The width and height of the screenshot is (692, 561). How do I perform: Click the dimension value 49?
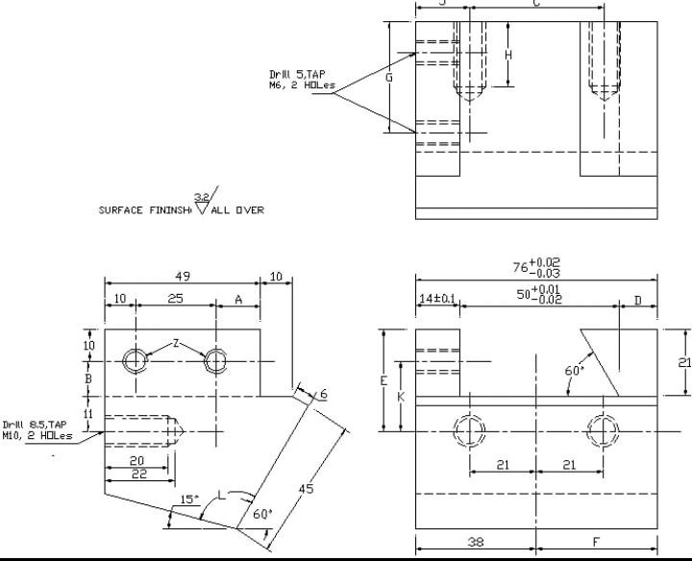(x=182, y=276)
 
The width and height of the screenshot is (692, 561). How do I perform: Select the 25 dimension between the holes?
(x=176, y=300)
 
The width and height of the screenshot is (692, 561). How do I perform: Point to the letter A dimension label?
(x=238, y=300)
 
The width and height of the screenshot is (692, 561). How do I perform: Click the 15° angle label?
(x=189, y=500)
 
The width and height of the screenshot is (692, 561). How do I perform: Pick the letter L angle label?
(x=223, y=493)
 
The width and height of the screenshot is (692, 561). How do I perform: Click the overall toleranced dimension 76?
(x=537, y=267)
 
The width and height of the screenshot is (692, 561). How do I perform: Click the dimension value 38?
(x=475, y=542)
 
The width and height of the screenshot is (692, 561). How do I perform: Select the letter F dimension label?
(x=597, y=542)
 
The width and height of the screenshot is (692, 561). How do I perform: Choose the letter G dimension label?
(x=389, y=78)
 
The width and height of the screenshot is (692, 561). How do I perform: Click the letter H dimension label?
(x=508, y=55)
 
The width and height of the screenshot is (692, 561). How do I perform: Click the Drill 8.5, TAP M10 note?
(x=37, y=429)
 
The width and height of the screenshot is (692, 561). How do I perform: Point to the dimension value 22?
(x=139, y=475)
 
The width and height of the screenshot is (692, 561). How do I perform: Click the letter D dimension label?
(x=637, y=301)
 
